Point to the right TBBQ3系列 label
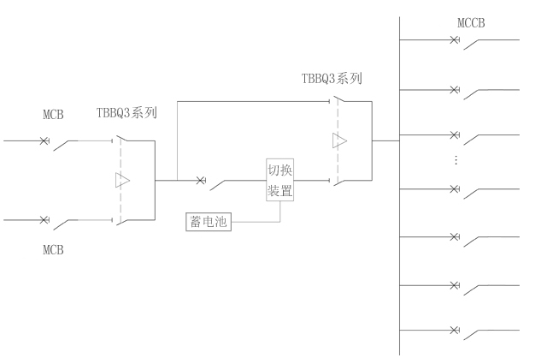click(332, 79)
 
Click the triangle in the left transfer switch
click(122, 181)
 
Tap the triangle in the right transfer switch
click(339, 141)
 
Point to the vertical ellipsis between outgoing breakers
click(455, 162)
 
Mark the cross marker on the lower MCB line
click(44, 220)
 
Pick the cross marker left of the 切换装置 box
click(200, 181)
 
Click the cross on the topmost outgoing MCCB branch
click(454, 39)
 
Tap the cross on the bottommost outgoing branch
click(454, 330)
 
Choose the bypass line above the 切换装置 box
click(256, 102)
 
